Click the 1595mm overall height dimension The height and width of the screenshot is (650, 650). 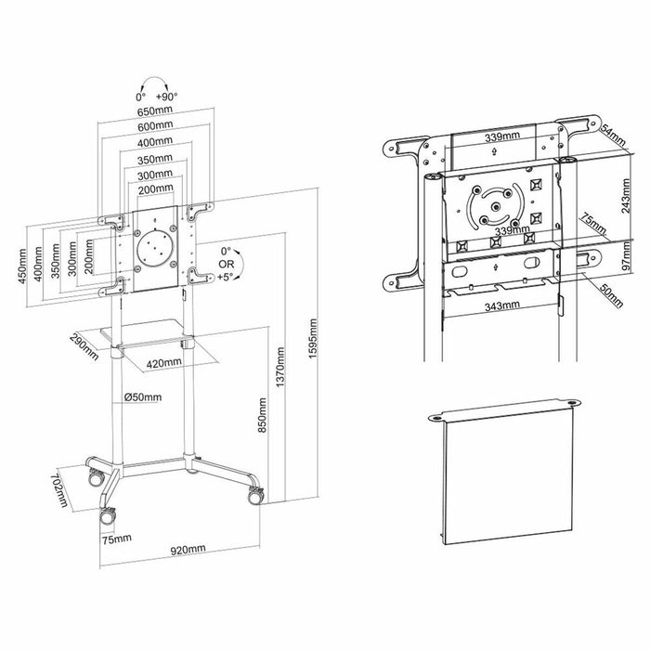pyautogui.click(x=314, y=344)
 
